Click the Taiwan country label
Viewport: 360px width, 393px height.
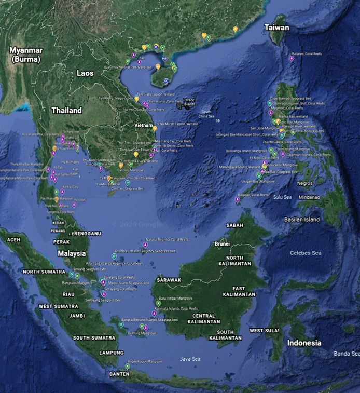[x=276, y=28]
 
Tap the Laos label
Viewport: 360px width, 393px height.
[x=85, y=73]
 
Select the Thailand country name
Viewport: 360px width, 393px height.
[x=66, y=111]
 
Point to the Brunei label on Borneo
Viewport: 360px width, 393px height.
[x=222, y=243]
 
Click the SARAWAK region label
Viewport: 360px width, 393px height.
[x=169, y=280]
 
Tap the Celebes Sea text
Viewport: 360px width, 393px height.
[x=306, y=253]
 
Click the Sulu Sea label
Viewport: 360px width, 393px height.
[x=283, y=197]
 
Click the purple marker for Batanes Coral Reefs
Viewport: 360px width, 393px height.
[x=292, y=59]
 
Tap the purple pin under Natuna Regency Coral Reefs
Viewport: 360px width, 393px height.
[x=145, y=245]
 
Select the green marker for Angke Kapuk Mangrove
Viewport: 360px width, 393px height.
[x=127, y=367]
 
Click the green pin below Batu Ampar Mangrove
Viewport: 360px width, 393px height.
[x=159, y=303]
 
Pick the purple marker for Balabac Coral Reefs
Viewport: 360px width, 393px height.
[x=238, y=200]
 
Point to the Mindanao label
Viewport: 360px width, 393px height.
[x=309, y=197]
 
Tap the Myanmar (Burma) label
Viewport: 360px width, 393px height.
[x=26, y=55]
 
